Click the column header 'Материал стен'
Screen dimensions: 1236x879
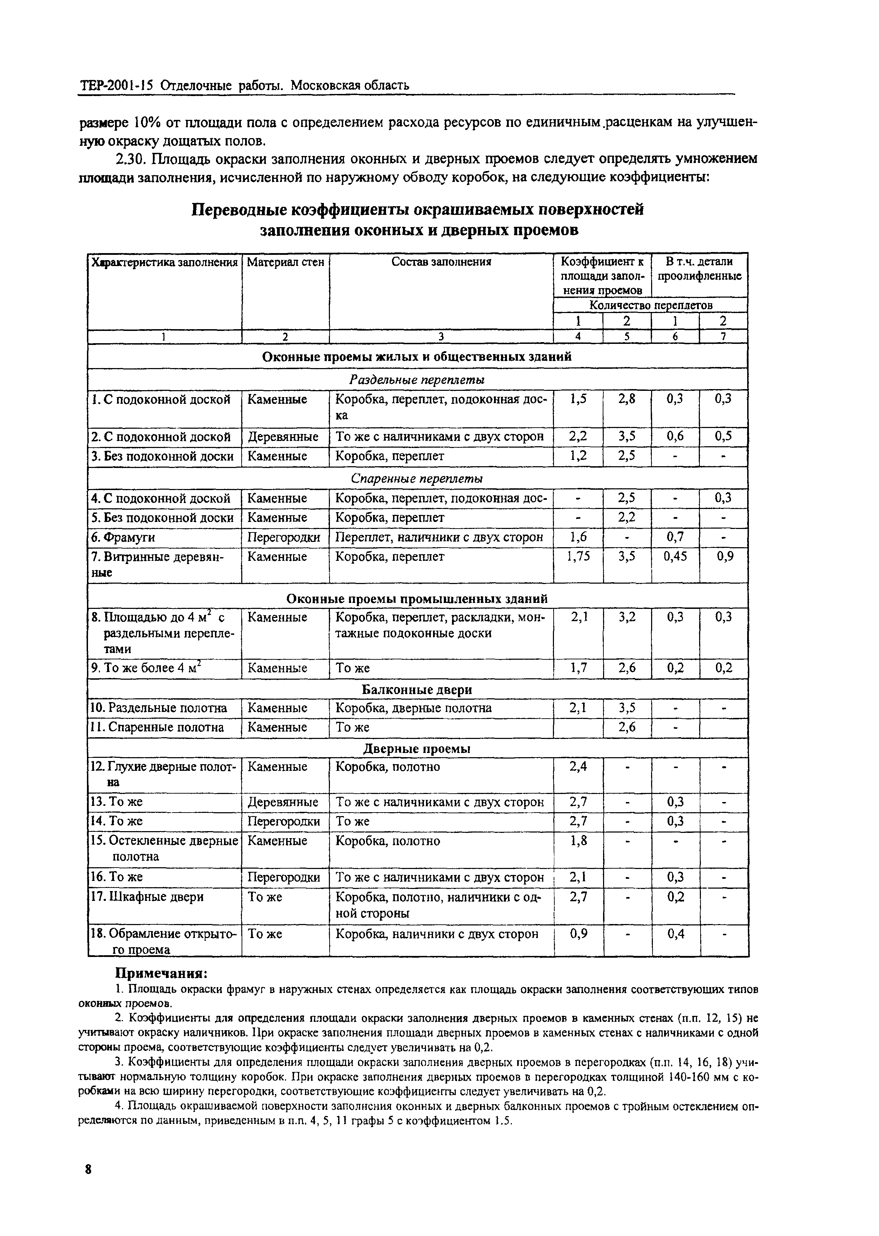coord(285,262)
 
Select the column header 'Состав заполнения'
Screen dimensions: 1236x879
coord(441,262)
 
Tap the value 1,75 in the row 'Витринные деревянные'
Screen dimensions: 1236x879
coord(578,556)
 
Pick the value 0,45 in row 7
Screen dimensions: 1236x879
coord(675,556)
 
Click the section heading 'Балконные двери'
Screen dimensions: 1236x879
coord(417,690)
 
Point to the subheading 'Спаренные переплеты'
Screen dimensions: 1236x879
coord(417,478)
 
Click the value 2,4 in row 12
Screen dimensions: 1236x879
coord(578,766)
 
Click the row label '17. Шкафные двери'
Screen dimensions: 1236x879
coord(148,897)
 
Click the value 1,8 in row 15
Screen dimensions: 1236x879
coord(578,840)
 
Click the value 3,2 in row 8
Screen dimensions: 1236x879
coord(627,617)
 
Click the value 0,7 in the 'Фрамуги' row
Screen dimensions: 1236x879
coord(675,537)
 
